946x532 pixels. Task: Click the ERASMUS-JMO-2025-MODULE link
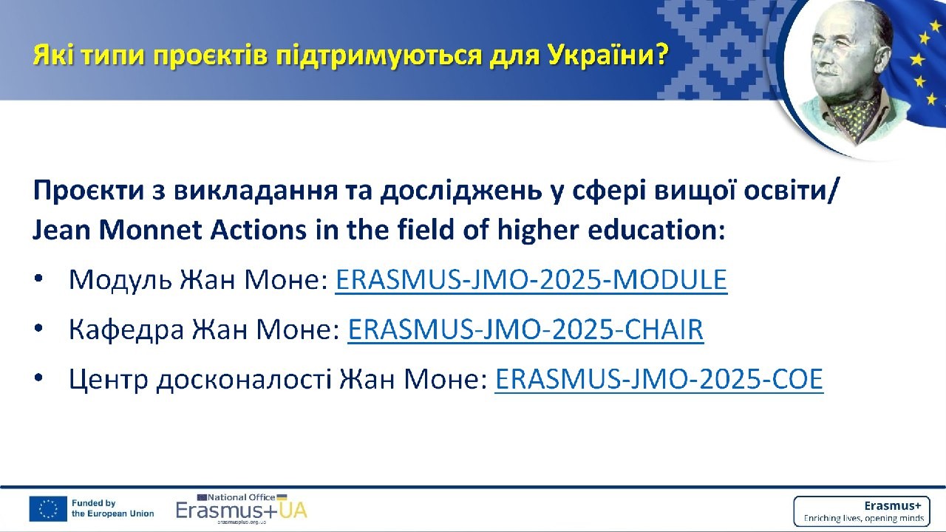531,279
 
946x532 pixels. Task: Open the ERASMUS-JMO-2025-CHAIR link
525,330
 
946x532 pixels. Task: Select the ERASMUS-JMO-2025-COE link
659,379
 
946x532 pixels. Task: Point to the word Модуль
120,280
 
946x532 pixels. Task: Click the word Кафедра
126,330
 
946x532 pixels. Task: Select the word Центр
109,380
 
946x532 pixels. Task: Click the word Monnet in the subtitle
150,231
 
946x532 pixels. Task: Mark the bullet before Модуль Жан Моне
39,279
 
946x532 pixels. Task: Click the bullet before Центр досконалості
39,378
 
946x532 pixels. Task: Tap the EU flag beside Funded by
48,509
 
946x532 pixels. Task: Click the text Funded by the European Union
113,509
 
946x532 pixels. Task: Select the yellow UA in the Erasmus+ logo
293,511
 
